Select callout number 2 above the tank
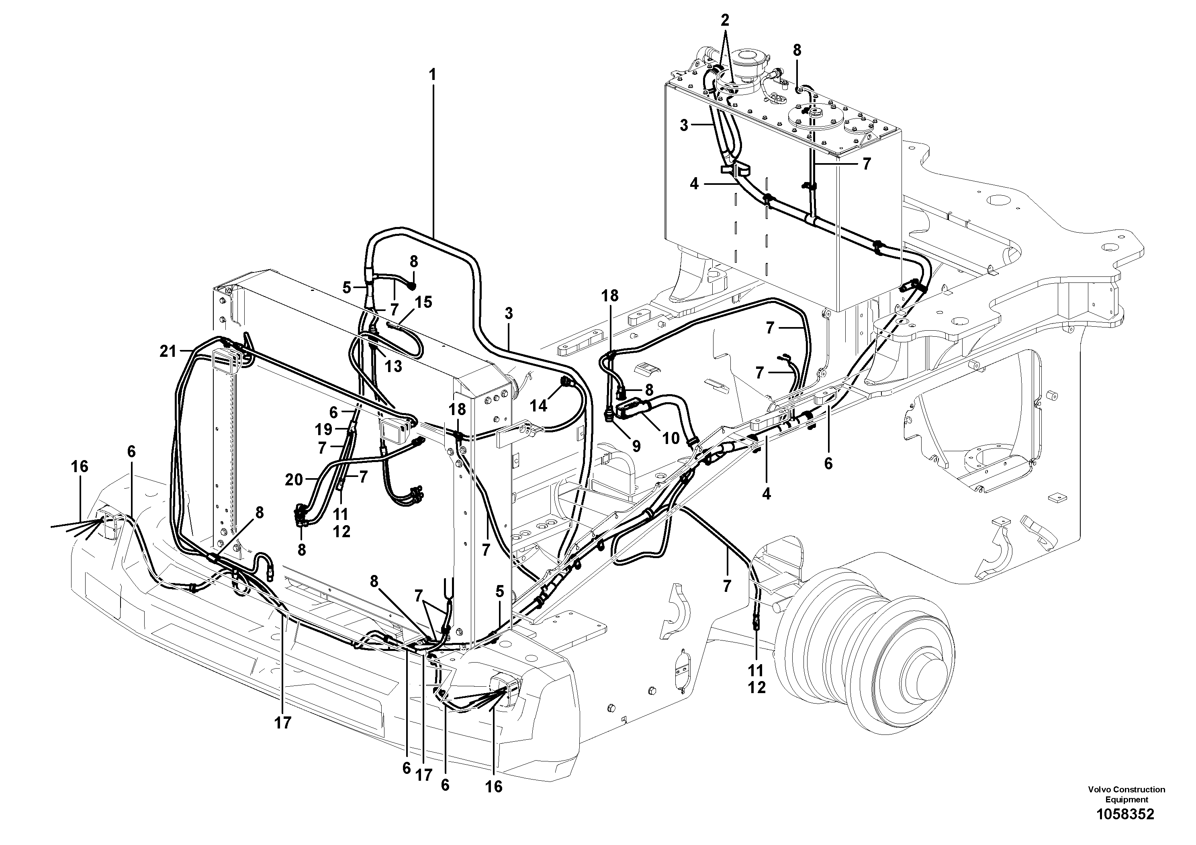(x=725, y=21)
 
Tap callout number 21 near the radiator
(x=168, y=352)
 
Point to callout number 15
(x=423, y=302)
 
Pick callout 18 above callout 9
(x=610, y=295)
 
